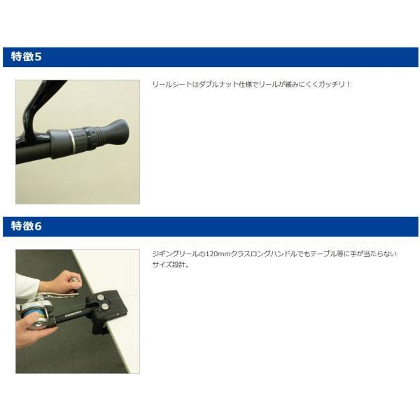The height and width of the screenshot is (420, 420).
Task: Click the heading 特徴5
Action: (27, 57)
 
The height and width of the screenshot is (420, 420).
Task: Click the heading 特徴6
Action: (27, 226)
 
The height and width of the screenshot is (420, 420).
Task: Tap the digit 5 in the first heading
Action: (38, 57)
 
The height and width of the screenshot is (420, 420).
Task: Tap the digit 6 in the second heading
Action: (38, 226)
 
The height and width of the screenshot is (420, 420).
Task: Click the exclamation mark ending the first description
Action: (348, 85)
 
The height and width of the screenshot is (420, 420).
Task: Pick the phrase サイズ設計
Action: (169, 265)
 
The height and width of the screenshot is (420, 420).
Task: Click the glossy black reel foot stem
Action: (36, 106)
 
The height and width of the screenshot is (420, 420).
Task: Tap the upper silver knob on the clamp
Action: (101, 297)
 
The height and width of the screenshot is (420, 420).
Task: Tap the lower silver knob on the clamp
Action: (105, 306)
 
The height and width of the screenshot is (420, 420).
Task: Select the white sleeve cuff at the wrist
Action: (27, 286)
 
